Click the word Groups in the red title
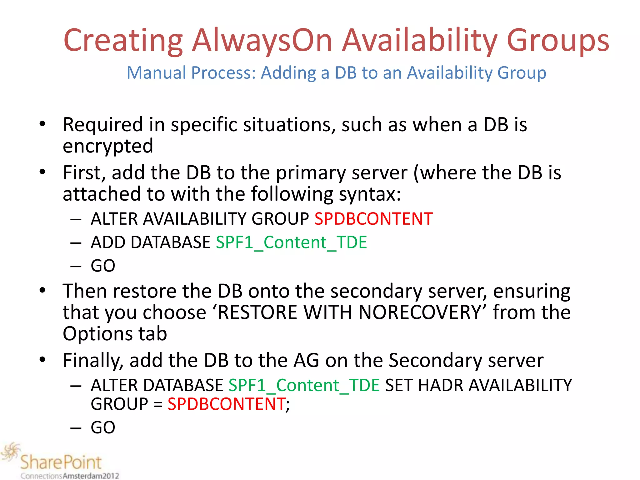(558, 41)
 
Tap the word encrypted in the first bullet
(108, 146)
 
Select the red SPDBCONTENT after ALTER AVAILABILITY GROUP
(373, 218)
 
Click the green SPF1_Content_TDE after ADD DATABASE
(291, 242)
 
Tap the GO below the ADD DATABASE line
(103, 266)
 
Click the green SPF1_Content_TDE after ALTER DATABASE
(304, 385)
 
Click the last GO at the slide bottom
(103, 427)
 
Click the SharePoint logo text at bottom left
(61, 462)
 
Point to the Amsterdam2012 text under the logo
(91, 476)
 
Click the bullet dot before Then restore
(42, 290)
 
